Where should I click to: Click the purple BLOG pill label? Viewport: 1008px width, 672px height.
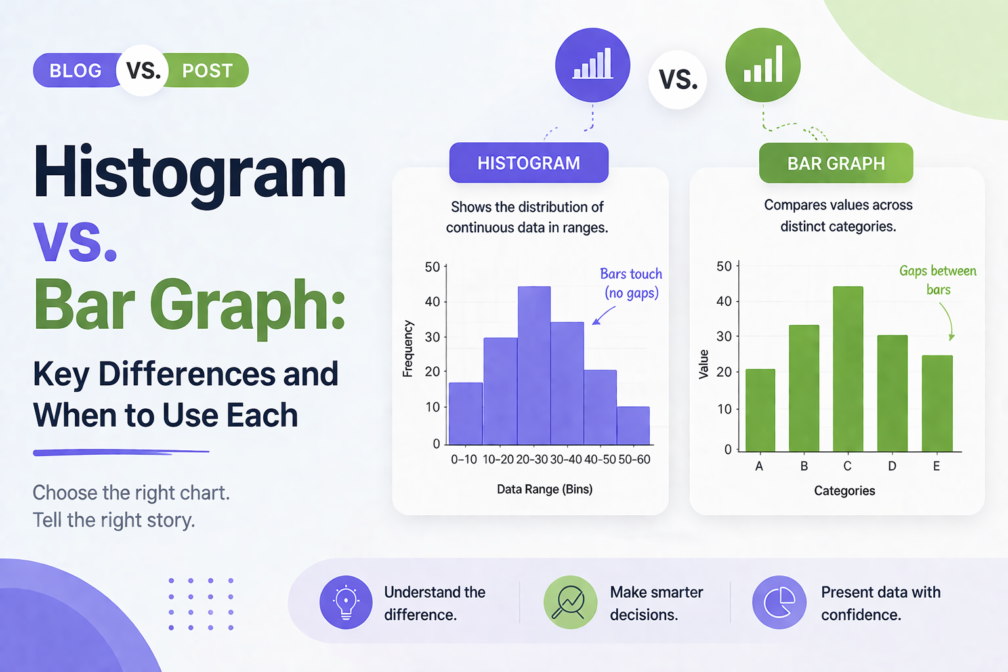[75, 70]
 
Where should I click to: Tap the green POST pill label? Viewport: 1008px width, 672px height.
[207, 70]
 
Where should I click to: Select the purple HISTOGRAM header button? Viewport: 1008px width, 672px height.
[528, 163]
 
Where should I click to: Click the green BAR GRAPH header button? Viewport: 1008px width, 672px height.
[835, 163]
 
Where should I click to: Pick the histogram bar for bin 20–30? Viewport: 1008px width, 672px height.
[534, 366]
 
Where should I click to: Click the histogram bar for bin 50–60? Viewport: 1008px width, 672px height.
[633, 425]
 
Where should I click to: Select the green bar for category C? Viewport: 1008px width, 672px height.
[848, 369]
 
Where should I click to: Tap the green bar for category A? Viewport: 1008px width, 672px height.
[760, 410]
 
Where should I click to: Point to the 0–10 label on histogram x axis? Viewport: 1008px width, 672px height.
[463, 459]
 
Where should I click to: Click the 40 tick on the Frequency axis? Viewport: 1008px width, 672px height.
[432, 302]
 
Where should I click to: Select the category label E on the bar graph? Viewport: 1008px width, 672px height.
[936, 466]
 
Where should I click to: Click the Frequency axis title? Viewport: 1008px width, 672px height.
[408, 348]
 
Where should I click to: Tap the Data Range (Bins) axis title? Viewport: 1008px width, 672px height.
[544, 489]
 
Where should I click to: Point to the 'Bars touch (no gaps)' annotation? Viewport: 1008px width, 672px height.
[631, 283]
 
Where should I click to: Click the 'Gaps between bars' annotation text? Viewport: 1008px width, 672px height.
[937, 280]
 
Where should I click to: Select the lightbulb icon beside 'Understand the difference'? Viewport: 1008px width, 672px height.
[346, 602]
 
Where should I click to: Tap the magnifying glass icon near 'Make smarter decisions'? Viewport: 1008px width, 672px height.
[570, 602]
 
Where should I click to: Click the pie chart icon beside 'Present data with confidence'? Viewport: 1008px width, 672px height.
[779, 602]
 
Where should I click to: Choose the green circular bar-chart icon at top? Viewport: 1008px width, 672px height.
[763, 65]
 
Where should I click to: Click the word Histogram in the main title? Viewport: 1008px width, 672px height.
[190, 173]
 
